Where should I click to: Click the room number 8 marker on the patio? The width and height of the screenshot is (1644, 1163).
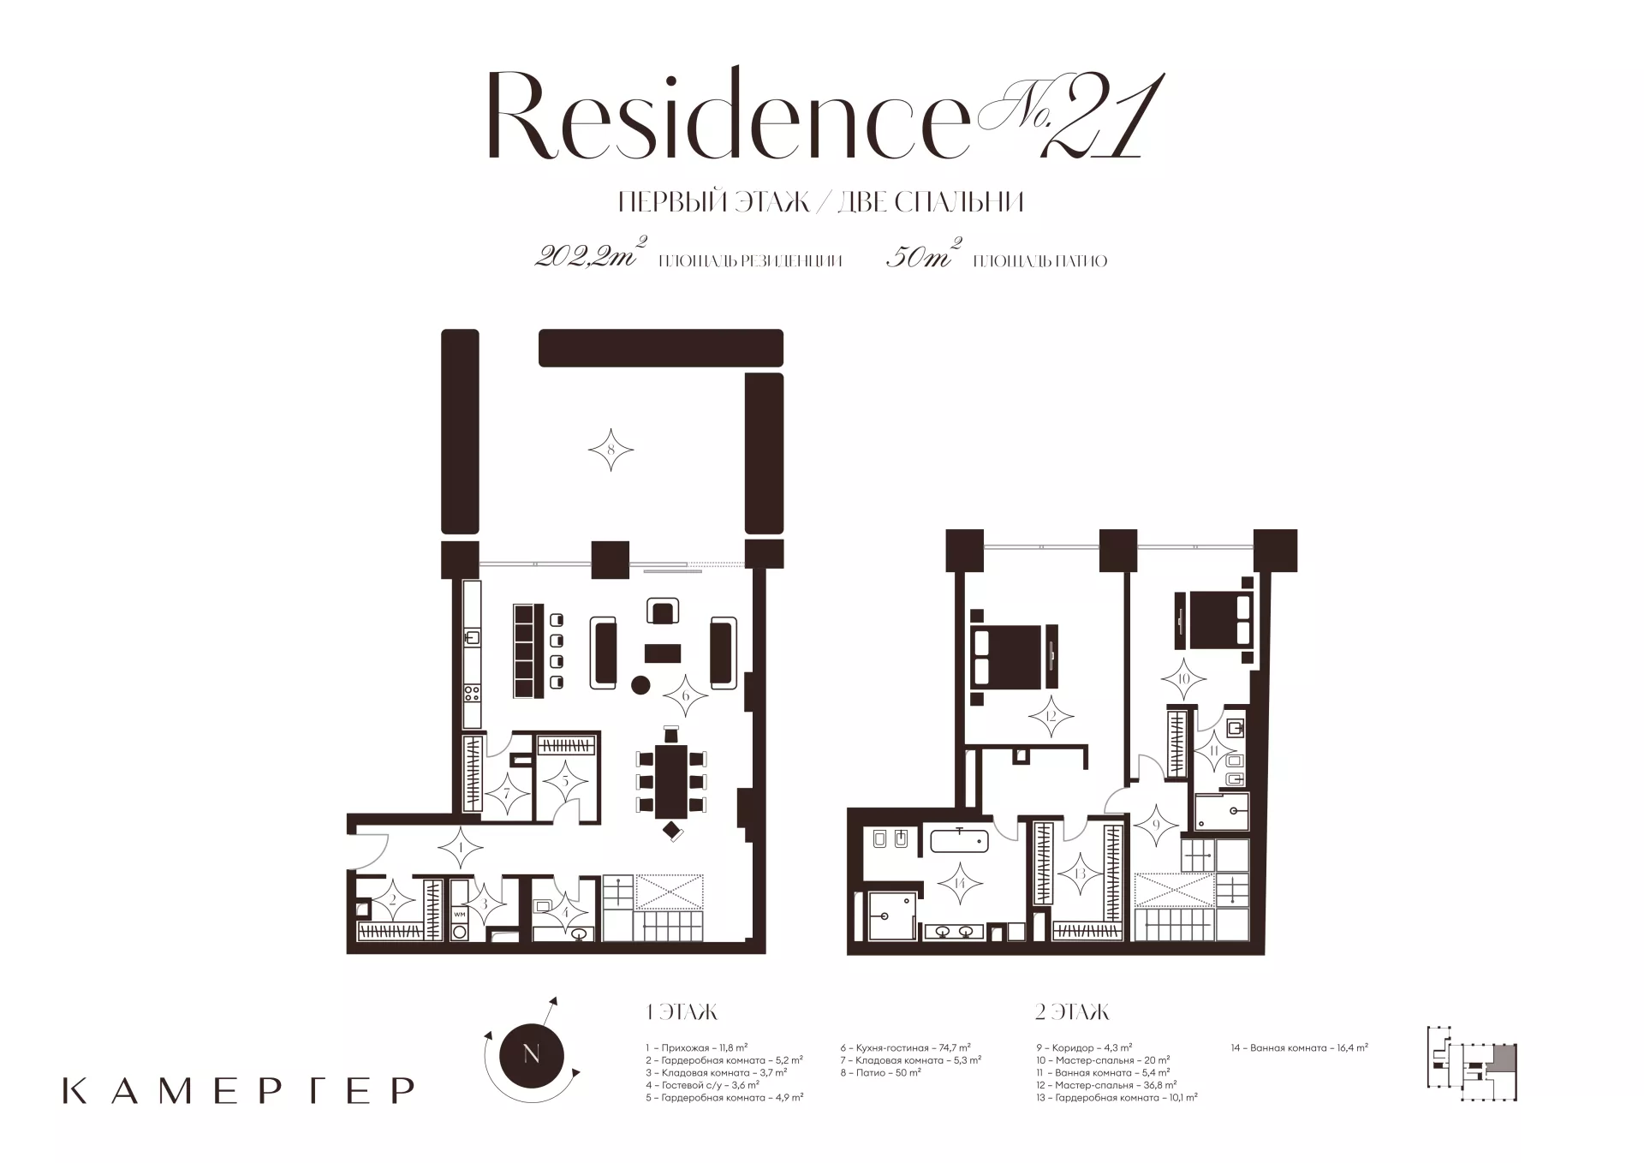click(x=611, y=450)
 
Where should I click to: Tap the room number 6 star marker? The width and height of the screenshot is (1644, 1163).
click(x=685, y=696)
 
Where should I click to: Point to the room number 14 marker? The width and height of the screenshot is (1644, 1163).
click(x=957, y=884)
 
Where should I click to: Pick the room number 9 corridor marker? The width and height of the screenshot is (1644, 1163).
click(x=1155, y=826)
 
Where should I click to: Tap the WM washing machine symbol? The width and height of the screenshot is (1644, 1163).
click(x=460, y=915)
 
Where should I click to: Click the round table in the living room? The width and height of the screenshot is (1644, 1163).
click(x=640, y=684)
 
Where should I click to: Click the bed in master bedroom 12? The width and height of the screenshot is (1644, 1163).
click(x=1008, y=656)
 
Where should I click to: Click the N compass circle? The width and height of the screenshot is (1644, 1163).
click(x=531, y=1054)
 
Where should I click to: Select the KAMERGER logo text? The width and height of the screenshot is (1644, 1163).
click(x=239, y=1090)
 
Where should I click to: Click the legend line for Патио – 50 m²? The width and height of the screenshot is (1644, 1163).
click(x=881, y=1072)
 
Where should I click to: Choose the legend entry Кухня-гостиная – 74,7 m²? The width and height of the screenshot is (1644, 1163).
click(x=905, y=1047)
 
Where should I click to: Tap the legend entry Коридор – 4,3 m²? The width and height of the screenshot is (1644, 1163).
click(x=1083, y=1047)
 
